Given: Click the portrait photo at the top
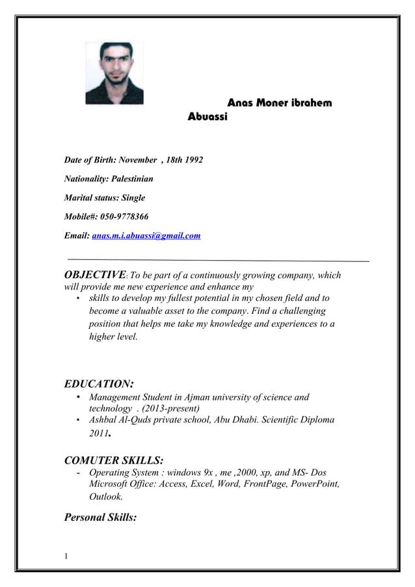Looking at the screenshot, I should coord(114,73).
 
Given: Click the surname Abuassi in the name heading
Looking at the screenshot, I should coord(207,120).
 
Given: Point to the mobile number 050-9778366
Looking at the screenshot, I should coord(129,216).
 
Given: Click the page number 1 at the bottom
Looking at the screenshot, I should coord(67,555).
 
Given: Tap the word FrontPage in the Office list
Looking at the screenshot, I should coord(260,484).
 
